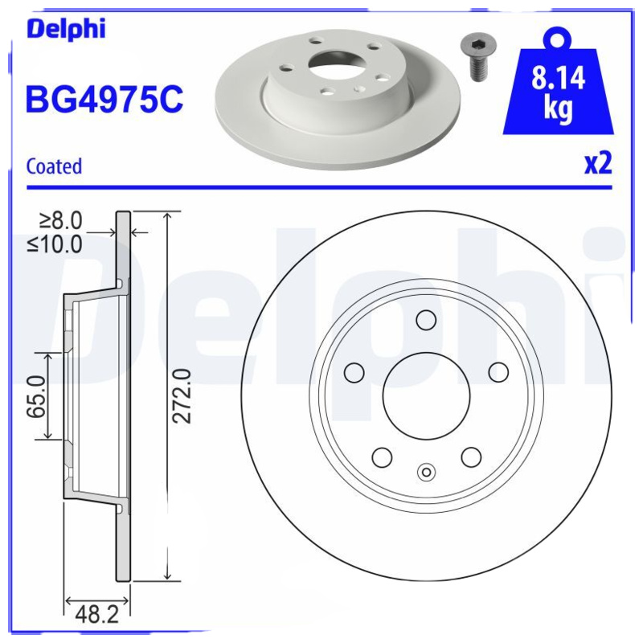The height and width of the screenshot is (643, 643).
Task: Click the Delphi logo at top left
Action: coord(66,30)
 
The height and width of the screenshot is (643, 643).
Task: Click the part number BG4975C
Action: coord(104,100)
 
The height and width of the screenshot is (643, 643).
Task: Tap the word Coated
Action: coord(54,166)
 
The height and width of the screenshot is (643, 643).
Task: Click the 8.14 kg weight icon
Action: coord(557,88)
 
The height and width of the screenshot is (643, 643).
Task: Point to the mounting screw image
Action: coord(477,55)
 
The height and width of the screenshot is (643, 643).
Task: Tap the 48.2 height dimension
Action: coord(96,615)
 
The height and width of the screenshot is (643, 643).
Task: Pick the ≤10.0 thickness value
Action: coord(55,244)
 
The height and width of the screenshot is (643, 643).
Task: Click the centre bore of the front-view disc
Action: coord(425,396)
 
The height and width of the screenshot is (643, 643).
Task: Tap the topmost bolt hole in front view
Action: coord(425,320)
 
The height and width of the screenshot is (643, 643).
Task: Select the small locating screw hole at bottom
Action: coord(426,473)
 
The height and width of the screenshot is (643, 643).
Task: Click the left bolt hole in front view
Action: coord(353,372)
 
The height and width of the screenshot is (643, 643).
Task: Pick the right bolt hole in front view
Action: coord(498,372)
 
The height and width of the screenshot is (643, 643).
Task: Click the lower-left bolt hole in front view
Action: coord(381,457)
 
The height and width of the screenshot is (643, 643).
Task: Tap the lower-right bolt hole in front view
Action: coord(471,457)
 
